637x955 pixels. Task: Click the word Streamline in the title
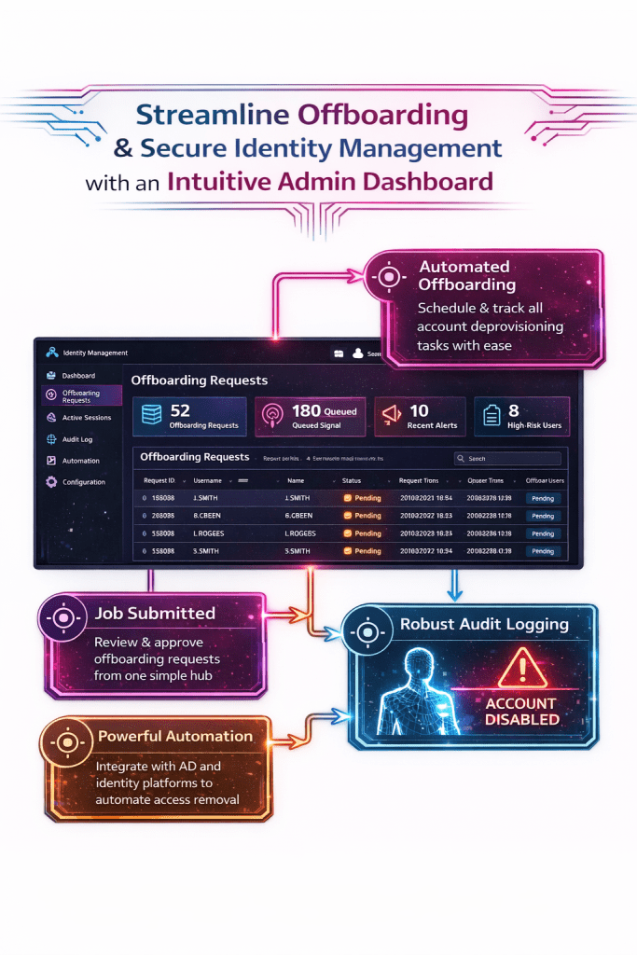point(210,115)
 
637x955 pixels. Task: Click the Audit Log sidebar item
point(76,439)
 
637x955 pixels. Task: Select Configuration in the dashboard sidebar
point(83,482)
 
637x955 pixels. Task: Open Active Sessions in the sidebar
point(86,418)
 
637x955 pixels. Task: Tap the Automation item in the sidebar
point(80,461)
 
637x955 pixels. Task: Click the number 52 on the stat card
point(180,410)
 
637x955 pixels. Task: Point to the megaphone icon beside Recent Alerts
point(389,416)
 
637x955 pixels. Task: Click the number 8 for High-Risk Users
point(513,410)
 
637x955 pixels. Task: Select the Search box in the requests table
point(507,459)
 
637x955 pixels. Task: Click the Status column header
point(352,480)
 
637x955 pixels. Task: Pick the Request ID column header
point(159,480)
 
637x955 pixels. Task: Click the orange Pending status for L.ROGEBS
point(363,533)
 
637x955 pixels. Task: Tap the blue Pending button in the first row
point(543,498)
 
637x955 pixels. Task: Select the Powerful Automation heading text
point(175,736)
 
